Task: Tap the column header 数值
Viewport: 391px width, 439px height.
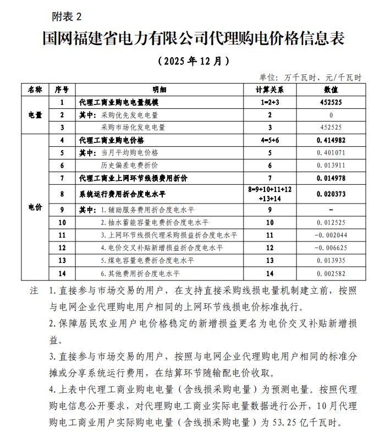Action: [331, 89]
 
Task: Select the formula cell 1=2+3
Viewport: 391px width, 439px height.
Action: [269, 102]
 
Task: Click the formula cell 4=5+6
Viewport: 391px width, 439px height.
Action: [269, 140]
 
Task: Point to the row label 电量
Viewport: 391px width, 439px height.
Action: [35, 115]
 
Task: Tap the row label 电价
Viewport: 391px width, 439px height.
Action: [35, 207]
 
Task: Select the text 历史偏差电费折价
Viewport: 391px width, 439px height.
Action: [129, 165]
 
